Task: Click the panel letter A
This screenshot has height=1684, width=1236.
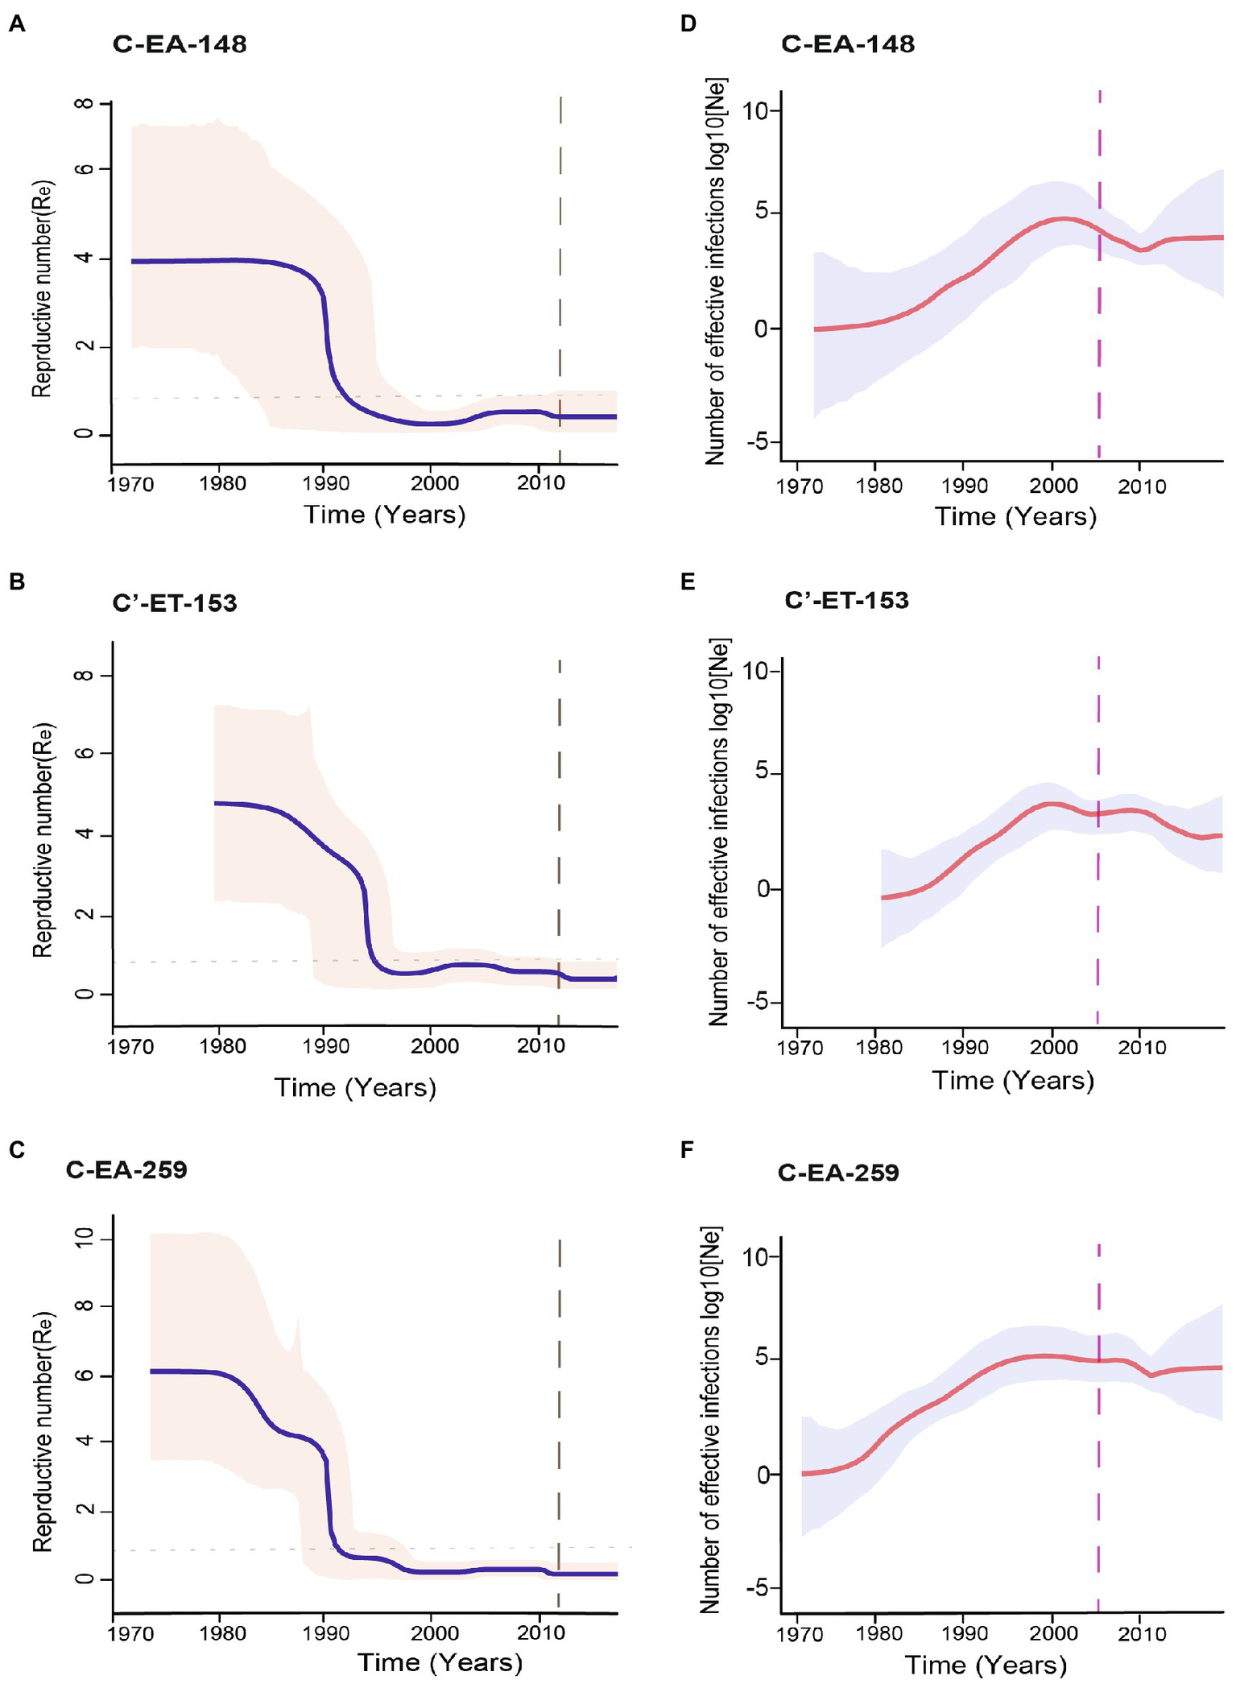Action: pyautogui.click(x=17, y=24)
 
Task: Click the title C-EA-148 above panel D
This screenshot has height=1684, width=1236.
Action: pyautogui.click(x=847, y=43)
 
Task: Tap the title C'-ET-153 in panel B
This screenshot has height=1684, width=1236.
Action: pyautogui.click(x=175, y=603)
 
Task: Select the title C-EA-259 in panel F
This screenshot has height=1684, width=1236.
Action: pyautogui.click(x=838, y=1172)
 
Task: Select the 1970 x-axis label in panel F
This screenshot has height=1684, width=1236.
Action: pyautogui.click(x=800, y=1634)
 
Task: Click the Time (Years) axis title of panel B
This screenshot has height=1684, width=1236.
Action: pyautogui.click(x=355, y=1088)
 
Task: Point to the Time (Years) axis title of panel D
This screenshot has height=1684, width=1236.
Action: pyautogui.click(x=1015, y=516)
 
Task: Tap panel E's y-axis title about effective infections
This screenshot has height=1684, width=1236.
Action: pyautogui.click(x=718, y=832)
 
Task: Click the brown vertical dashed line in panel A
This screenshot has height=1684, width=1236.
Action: pyautogui.click(x=560, y=242)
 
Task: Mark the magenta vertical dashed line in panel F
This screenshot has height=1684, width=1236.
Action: pyautogui.click(x=1099, y=1450)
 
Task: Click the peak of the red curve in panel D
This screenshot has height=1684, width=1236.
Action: pyautogui.click(x=1063, y=218)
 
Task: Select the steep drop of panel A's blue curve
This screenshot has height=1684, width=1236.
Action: pyautogui.click(x=327, y=338)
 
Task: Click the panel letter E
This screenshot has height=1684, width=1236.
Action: pyautogui.click(x=688, y=582)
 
